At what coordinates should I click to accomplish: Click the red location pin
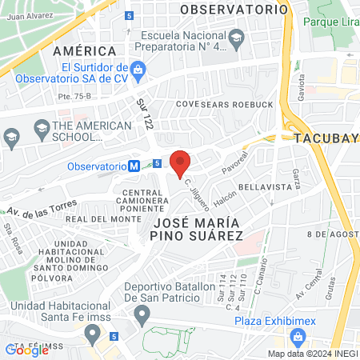(181, 162)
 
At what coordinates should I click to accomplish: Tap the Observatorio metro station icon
(135, 166)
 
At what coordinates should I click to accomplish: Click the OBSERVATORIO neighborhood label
(233, 10)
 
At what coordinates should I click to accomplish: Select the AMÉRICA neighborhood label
(79, 50)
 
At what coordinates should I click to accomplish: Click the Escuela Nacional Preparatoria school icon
(237, 37)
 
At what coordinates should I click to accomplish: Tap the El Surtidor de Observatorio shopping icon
(138, 70)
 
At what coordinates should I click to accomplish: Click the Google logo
(27, 350)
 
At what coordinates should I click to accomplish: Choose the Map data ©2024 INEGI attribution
(313, 354)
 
